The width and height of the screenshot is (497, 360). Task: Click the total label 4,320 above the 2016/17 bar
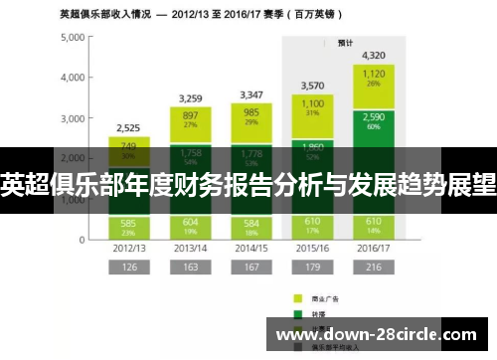pos(374,55)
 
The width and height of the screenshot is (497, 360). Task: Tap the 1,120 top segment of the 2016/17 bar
pos(374,79)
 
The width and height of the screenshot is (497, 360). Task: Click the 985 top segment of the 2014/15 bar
pos(250,117)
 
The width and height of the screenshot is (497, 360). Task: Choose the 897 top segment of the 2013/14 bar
pos(190,119)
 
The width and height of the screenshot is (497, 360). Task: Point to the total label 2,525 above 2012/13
pos(128,128)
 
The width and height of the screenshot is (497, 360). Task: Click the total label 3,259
pos(190,98)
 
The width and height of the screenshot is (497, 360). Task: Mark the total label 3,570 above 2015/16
pos(312,86)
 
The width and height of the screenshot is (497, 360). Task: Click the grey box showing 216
pos(374,268)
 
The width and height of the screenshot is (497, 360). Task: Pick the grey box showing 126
pos(128,268)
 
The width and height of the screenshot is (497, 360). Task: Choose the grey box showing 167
pos(250,268)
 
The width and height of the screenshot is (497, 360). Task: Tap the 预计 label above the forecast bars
pos(345,44)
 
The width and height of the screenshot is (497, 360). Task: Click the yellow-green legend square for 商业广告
pos(297,297)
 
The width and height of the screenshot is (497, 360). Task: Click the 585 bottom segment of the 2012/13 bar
pos(128,224)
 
